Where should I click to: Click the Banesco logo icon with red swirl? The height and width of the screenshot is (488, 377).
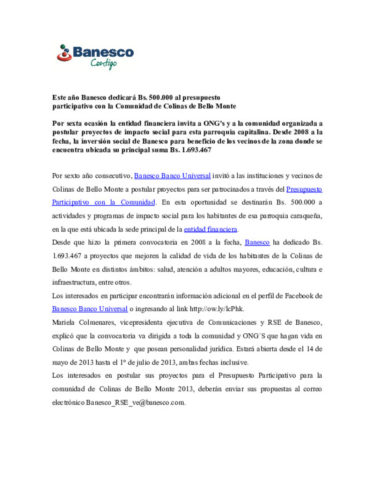point(64,53)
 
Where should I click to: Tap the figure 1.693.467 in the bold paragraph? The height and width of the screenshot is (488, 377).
point(196,150)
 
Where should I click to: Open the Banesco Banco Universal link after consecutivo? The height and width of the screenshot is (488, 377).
point(172,176)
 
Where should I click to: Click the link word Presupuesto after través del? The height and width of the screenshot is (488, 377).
point(304,189)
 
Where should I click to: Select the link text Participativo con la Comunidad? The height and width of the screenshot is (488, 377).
point(103,202)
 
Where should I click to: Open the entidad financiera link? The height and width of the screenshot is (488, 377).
point(210,229)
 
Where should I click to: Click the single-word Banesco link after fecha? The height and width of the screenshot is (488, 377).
point(257,243)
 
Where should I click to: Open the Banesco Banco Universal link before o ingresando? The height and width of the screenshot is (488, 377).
point(90,309)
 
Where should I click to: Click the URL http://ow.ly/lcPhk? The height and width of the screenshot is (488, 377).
point(216,309)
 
